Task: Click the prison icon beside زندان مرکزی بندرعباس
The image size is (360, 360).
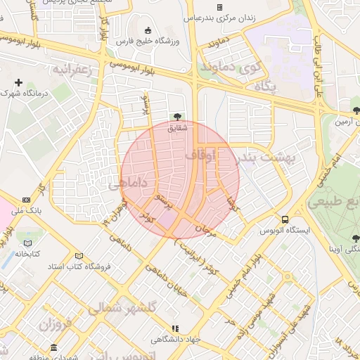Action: point(219,7)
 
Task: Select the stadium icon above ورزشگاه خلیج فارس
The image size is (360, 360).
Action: point(148,30)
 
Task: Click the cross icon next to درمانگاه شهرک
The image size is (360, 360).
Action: point(18,82)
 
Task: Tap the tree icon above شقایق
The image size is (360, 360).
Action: point(177,117)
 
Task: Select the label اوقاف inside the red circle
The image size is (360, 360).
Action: point(203,154)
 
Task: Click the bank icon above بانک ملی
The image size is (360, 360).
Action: point(26,199)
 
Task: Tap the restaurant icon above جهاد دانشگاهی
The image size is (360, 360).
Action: point(175,328)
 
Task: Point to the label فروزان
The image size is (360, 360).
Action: point(56,325)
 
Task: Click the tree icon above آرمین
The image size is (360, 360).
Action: point(356,110)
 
